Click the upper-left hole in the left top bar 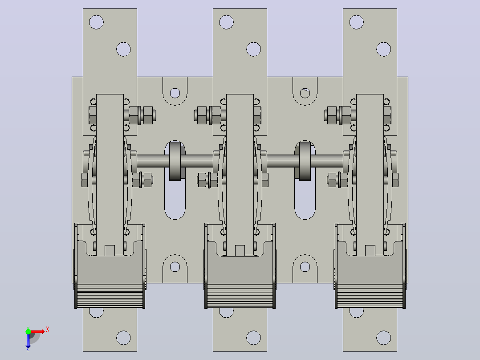tap(97, 22)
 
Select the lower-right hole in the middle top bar tap(253, 49)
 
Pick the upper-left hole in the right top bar tap(356, 22)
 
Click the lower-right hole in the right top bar tap(383, 49)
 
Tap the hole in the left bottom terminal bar tap(123, 338)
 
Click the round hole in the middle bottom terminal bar tap(253, 338)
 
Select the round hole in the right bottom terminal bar tap(383, 338)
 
